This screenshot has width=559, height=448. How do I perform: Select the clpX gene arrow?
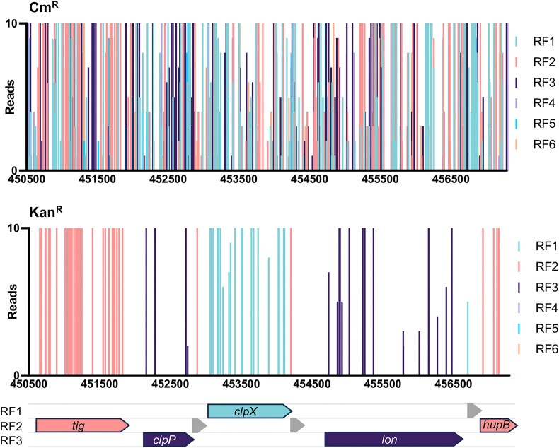tap(249, 411)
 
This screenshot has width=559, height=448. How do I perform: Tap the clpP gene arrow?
tap(168, 440)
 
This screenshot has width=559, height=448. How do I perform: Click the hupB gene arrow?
tap(499, 425)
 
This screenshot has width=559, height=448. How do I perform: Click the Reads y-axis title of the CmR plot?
tap(8, 97)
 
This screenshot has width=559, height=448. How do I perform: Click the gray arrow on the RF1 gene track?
tap(474, 411)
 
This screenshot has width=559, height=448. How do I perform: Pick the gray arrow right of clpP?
tap(200, 425)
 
